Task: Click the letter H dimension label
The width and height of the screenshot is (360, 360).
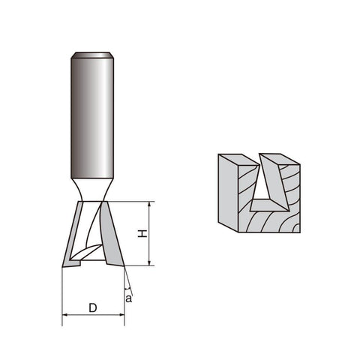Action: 142,234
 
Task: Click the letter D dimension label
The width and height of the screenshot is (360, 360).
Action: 93,307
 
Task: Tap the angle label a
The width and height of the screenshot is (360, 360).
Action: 128,298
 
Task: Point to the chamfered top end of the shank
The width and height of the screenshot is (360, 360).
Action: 92,55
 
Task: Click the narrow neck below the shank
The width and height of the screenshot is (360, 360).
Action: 92,190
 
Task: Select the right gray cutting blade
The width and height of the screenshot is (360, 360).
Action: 111,235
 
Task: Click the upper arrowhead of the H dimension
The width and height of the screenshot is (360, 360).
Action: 149,204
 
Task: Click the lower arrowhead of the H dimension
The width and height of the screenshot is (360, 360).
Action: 149,262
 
